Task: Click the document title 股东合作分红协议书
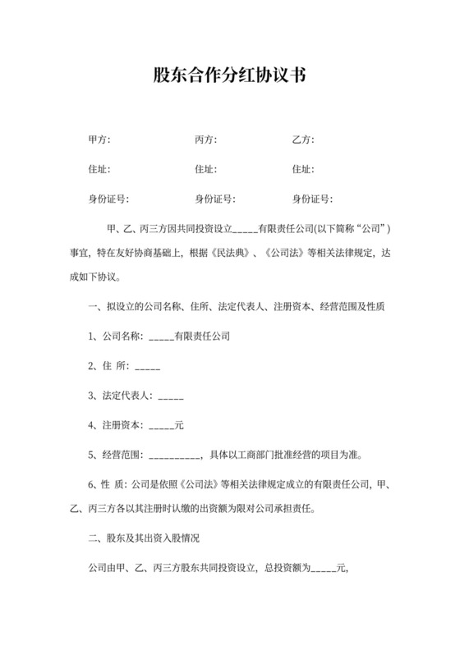(229, 76)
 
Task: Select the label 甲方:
(99, 140)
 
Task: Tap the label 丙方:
(205, 140)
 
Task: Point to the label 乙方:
(303, 140)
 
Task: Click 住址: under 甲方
(99, 170)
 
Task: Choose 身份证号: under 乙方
(312, 199)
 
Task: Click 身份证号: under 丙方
(215, 199)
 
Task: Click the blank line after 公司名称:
(161, 336)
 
